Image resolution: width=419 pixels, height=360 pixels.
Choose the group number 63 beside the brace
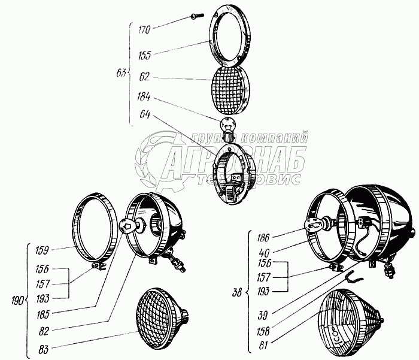click(x=121, y=73)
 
